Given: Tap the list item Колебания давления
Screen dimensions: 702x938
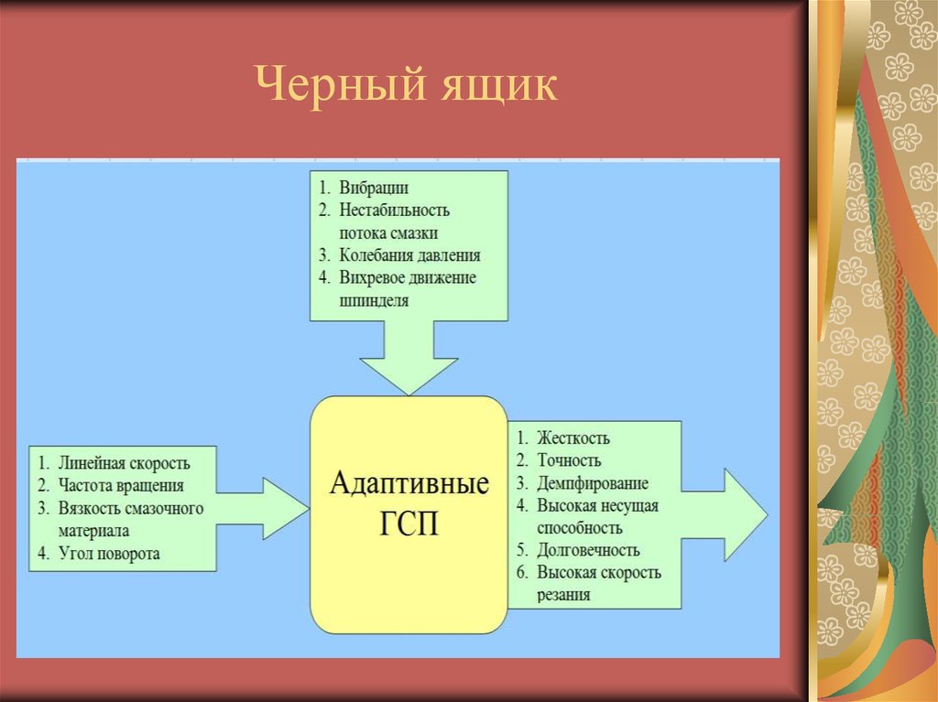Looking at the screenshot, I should (x=409, y=255).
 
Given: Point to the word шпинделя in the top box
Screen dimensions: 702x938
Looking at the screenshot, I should (x=373, y=299).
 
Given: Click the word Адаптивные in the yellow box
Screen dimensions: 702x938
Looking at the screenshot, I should (x=409, y=483).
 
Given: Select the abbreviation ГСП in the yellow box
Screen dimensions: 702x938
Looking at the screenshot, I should (x=409, y=525).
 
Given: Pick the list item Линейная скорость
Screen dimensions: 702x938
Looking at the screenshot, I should (x=124, y=463).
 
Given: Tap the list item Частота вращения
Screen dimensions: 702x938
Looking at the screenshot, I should (x=120, y=485).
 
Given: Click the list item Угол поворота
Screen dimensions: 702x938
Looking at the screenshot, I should (x=108, y=553).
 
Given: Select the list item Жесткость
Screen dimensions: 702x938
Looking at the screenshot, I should (x=573, y=438).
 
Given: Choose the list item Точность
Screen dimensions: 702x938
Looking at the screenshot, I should (x=569, y=460).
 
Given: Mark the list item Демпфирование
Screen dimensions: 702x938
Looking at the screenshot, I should (x=593, y=483).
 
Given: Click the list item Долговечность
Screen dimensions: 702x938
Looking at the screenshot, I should (x=588, y=550).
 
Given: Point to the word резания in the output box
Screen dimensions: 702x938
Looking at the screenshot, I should (x=563, y=595).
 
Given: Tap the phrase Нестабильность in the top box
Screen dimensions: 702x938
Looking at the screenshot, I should (x=394, y=211).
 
